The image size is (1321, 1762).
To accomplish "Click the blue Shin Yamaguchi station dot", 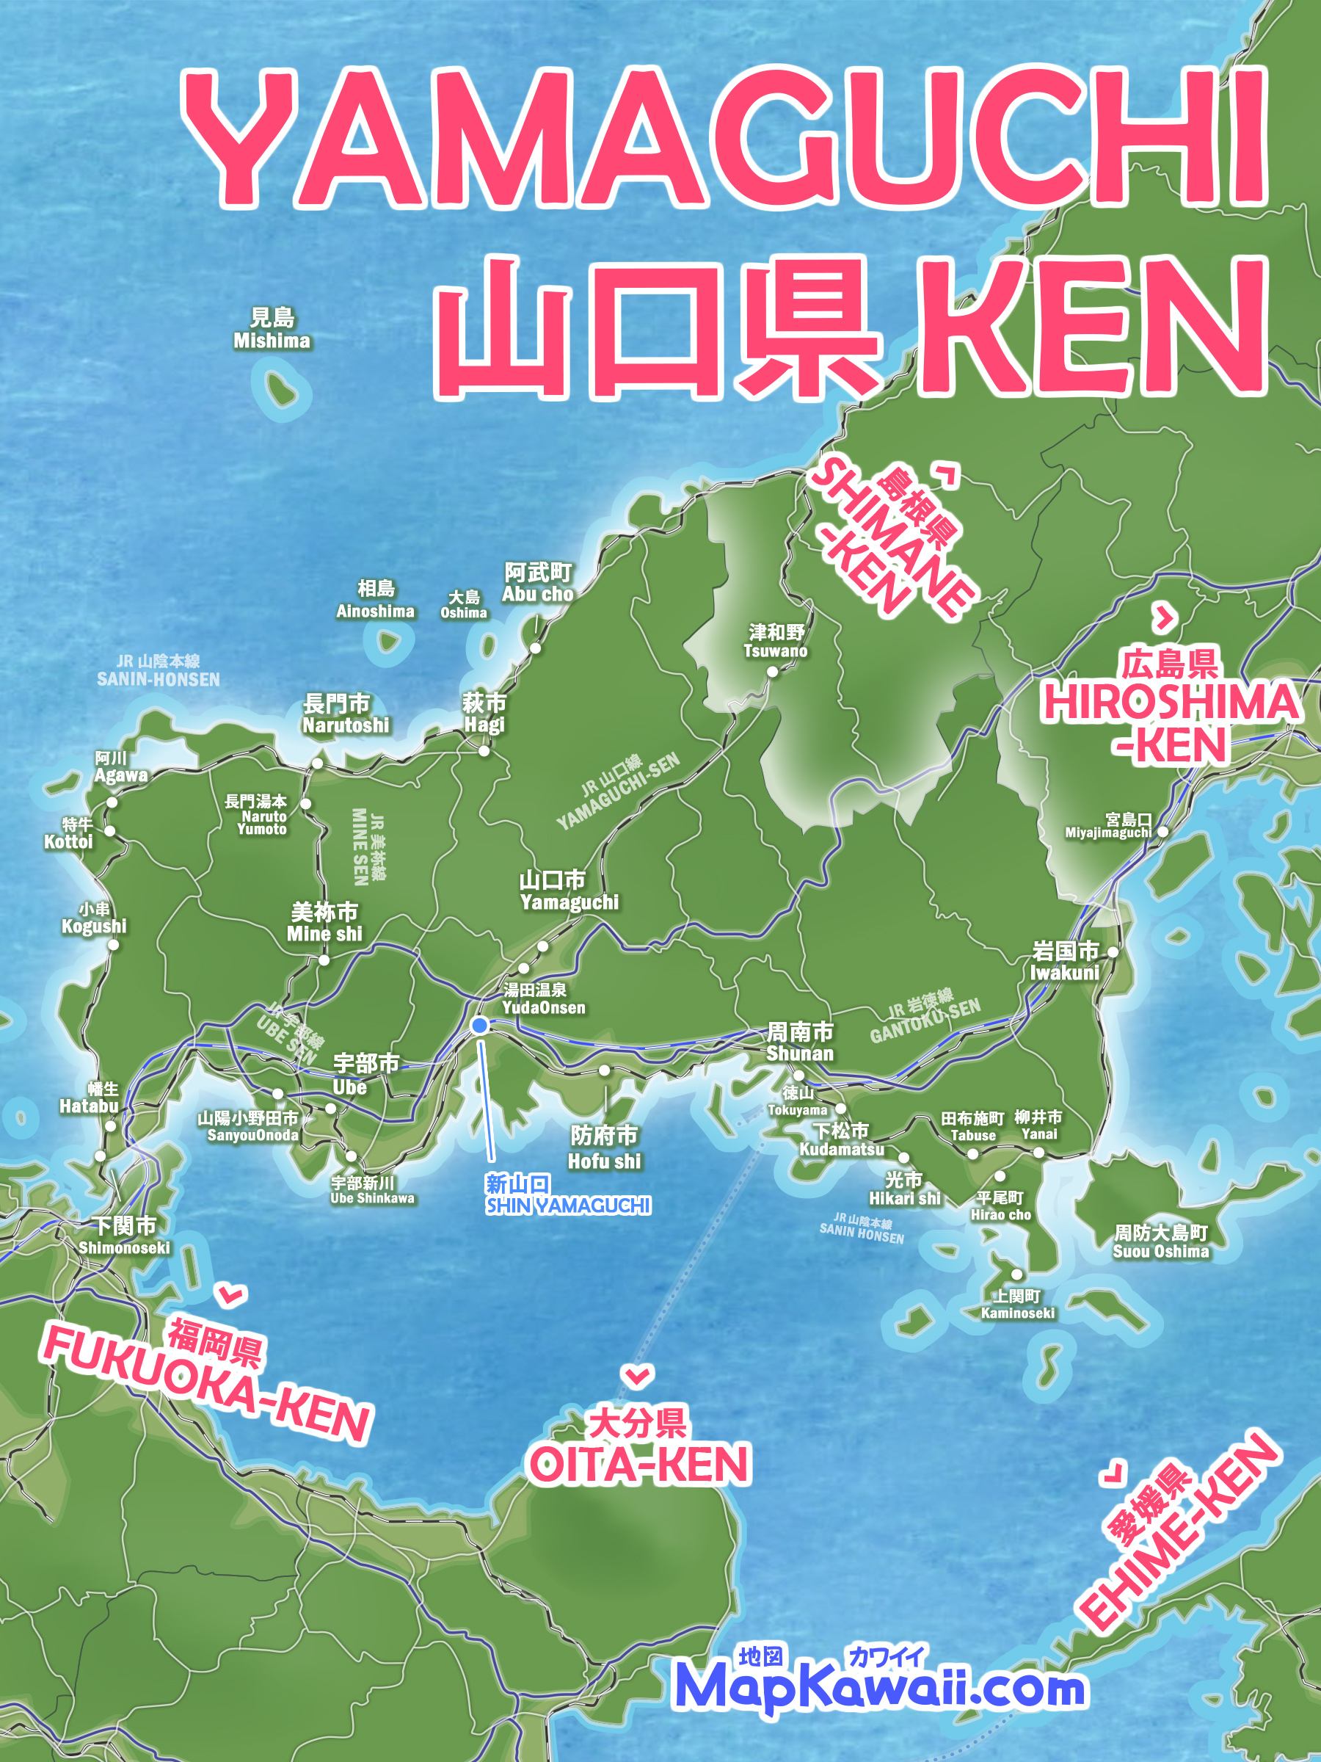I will [x=479, y=1025].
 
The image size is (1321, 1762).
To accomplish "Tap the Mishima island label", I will [x=272, y=330].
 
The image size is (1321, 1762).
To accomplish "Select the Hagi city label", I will [x=484, y=714].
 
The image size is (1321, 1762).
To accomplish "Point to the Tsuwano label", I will [x=776, y=641].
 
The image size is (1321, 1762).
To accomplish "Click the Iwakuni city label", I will [x=1066, y=962].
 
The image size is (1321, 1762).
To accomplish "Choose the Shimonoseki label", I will [x=125, y=1236].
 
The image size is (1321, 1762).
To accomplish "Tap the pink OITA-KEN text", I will [x=639, y=1464].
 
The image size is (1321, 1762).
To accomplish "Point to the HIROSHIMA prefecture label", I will [x=1171, y=705].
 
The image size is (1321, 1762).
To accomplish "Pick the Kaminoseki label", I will [x=1018, y=1305].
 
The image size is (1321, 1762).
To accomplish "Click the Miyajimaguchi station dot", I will [x=1162, y=831].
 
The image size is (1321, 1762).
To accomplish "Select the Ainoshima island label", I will [x=375, y=600].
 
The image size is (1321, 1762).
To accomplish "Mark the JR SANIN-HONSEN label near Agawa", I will [x=159, y=671].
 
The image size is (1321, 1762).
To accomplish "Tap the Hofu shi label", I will [x=605, y=1148].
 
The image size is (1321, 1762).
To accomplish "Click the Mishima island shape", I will [x=279, y=388].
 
